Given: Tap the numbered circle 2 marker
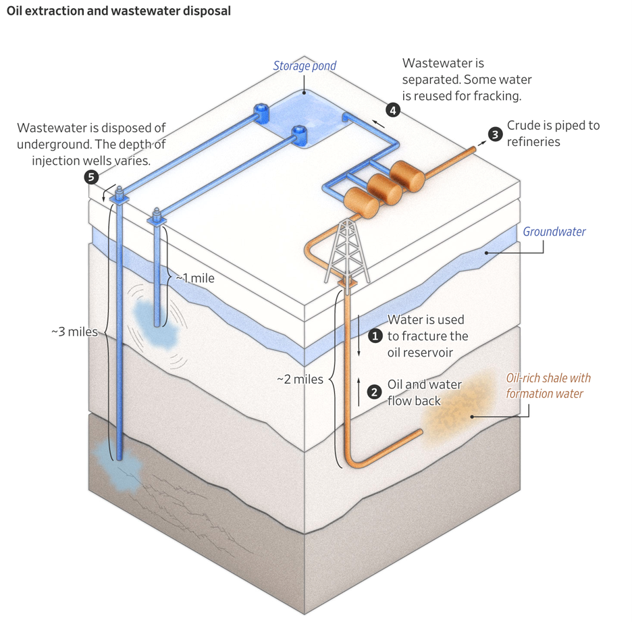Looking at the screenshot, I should pyautogui.click(x=373, y=392).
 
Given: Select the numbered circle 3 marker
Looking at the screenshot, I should pyautogui.click(x=494, y=134).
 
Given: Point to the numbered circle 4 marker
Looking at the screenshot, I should pyautogui.click(x=392, y=111).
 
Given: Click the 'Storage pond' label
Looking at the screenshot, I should pyautogui.click(x=304, y=66).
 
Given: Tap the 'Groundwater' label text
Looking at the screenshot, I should pyautogui.click(x=554, y=232).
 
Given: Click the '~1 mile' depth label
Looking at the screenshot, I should pyautogui.click(x=194, y=278).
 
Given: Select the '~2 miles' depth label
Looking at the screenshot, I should pyautogui.click(x=300, y=379).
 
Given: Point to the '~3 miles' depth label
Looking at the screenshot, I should pyautogui.click(x=74, y=332).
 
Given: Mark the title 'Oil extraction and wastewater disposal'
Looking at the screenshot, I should pyautogui.click(x=118, y=11).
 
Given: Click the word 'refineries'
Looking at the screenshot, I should pyautogui.click(x=534, y=141).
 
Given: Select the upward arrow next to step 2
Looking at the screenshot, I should pyautogui.click(x=359, y=391).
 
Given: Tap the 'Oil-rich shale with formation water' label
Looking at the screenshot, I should pyautogui.click(x=548, y=386).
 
